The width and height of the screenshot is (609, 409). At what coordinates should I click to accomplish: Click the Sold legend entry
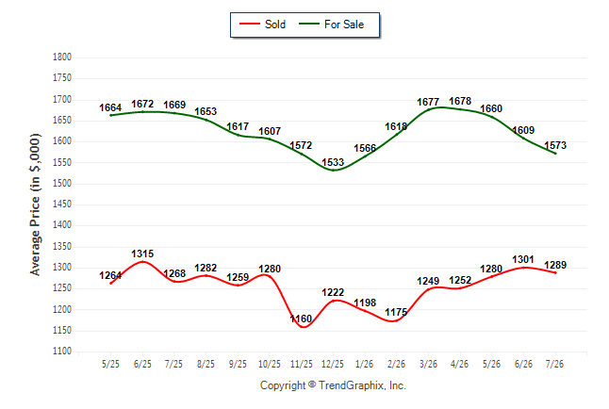pos(263,25)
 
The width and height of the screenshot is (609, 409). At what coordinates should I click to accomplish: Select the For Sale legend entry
pos(332,25)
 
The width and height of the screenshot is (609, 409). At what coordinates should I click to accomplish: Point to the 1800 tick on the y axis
pos(62,57)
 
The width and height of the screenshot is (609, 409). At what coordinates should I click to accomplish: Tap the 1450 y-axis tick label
pos(62,204)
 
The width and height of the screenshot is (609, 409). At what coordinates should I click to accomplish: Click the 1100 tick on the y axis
pos(62,352)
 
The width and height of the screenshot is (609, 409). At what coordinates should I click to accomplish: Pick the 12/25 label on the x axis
pos(333,364)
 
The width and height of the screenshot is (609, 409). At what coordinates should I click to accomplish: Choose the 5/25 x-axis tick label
pos(110,364)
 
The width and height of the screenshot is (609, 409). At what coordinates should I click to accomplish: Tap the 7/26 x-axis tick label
pos(555,364)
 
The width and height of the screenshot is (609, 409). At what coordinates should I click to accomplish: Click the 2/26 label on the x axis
pos(396,364)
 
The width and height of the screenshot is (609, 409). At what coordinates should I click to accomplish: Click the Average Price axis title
pos(35,204)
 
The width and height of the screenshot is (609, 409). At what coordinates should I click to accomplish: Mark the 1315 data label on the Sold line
pos(142,254)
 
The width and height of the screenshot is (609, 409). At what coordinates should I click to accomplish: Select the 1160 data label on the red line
pos(301,319)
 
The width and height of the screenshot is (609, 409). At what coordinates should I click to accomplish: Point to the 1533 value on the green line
pos(333,162)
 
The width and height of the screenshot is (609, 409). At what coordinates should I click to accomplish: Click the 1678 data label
pos(460,101)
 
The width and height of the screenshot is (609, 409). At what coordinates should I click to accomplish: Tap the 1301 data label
pos(523,259)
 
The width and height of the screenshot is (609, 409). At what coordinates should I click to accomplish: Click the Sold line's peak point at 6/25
pos(142,262)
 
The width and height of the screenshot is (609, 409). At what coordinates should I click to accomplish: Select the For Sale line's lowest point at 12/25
pos(333,171)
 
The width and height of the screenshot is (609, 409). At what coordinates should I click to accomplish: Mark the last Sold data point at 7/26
pos(555,272)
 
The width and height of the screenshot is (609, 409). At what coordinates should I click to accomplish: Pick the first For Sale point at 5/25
pos(110,115)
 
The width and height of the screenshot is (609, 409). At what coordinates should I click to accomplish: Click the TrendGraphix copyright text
pos(333,385)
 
